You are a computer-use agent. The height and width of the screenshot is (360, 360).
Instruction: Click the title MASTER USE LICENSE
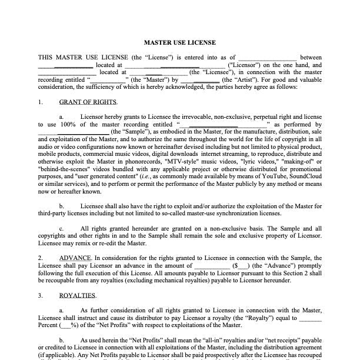pos(180,42)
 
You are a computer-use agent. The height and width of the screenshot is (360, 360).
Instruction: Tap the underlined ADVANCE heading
pos(75,258)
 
